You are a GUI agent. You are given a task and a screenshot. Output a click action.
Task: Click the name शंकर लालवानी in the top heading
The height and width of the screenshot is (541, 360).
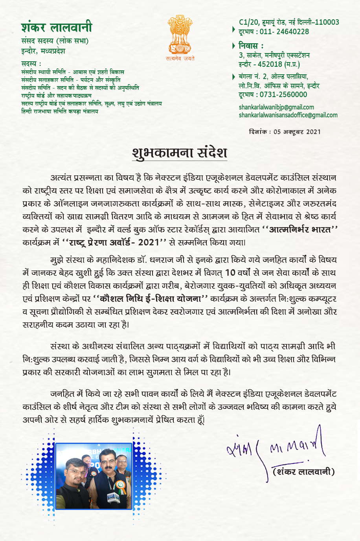point(57,27)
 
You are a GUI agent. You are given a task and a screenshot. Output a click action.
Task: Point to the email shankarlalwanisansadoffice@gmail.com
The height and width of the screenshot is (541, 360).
point(288,115)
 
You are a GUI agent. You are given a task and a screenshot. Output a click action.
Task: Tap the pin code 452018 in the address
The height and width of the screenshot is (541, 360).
point(270,64)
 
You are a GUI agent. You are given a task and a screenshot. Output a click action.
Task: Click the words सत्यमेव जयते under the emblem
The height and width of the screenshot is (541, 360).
point(180,59)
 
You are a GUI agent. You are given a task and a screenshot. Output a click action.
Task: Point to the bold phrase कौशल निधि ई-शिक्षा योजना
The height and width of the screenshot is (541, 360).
point(150,299)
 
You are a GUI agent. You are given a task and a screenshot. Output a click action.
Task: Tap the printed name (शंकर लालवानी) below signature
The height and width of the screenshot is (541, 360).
point(303,471)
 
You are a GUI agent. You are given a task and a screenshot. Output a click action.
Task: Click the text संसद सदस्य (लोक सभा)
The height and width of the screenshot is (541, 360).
point(55,41)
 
